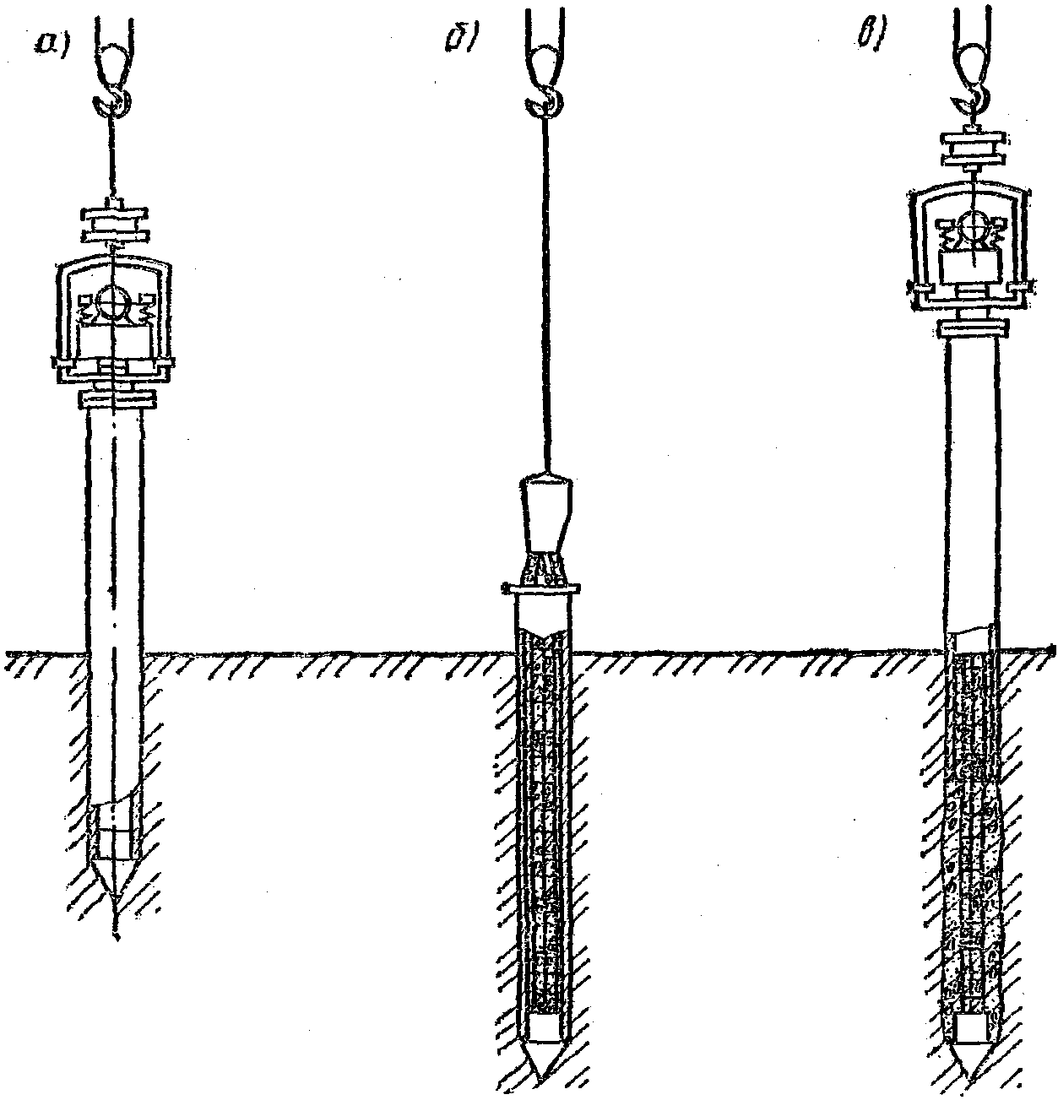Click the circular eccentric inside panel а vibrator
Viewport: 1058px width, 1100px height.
pyautogui.click(x=115, y=301)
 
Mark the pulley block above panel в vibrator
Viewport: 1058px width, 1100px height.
pyautogui.click(x=973, y=150)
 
